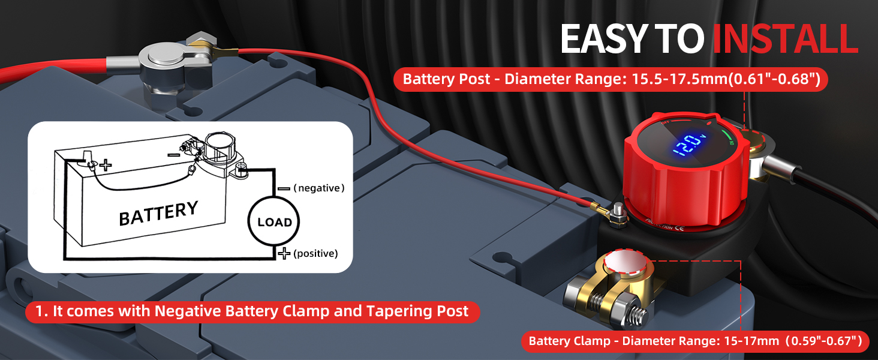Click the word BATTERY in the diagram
coord(158,214)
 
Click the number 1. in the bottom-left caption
coord(41,311)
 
